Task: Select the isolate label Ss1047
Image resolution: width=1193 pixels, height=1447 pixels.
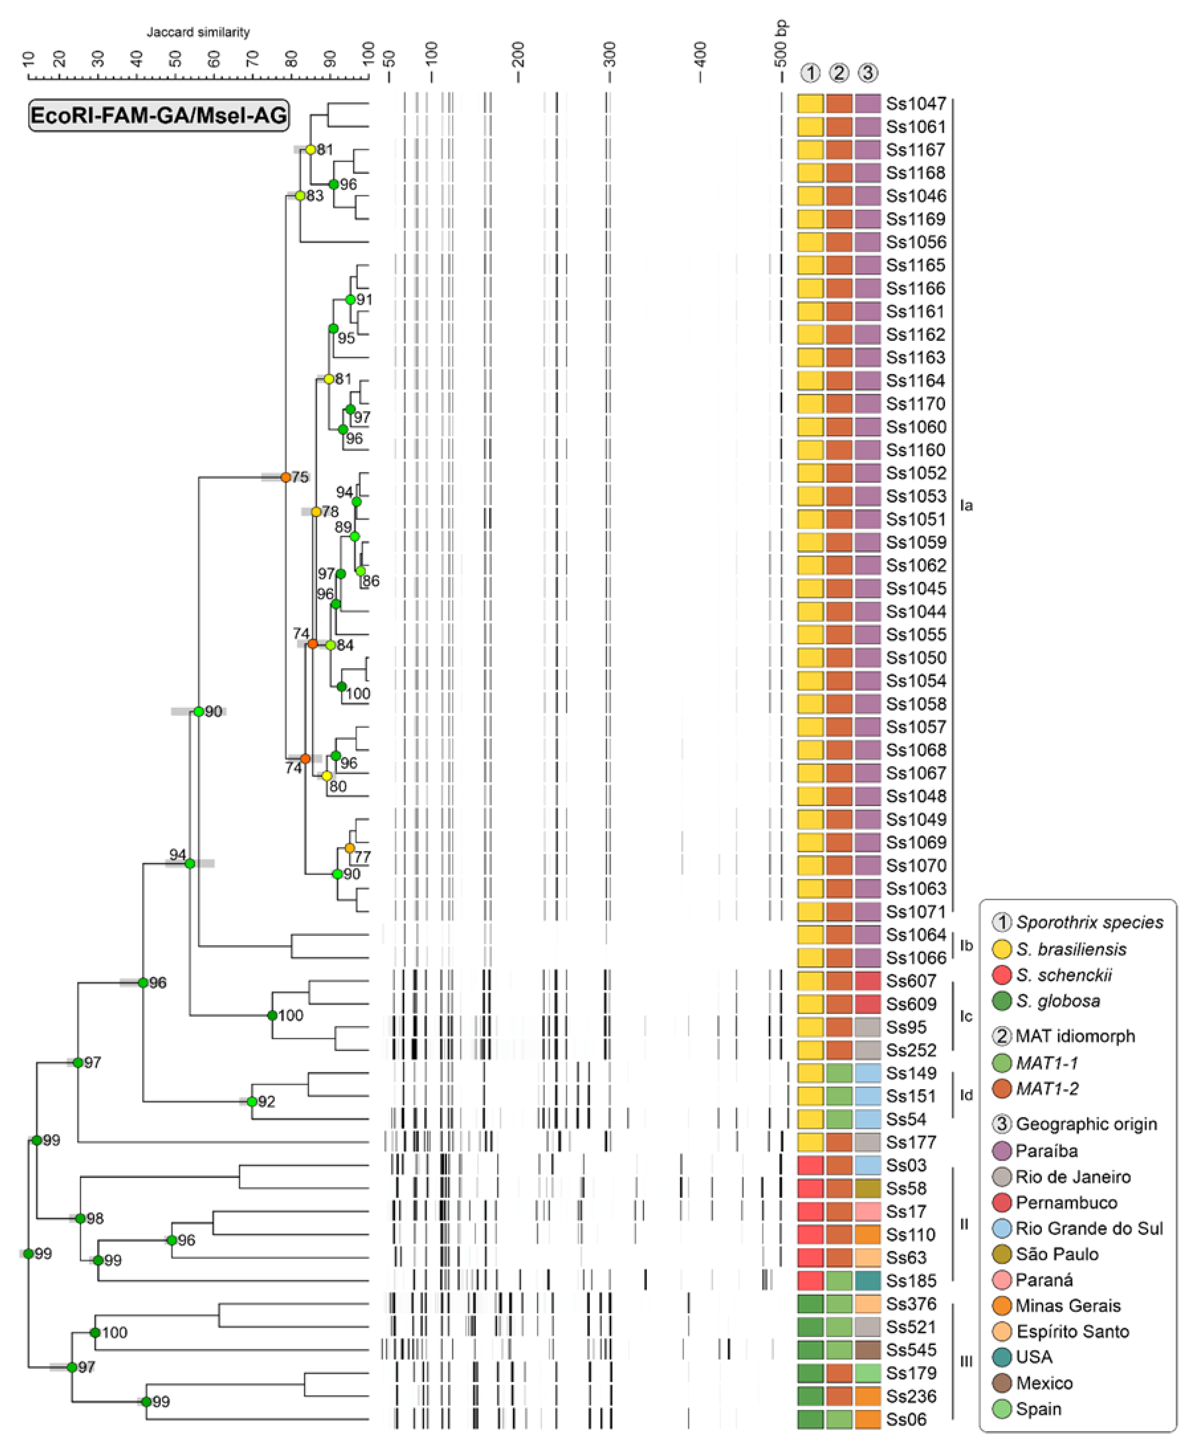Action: click(915, 104)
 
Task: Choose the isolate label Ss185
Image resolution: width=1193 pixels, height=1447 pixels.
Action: click(911, 1281)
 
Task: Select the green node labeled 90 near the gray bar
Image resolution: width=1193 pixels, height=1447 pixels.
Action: click(199, 711)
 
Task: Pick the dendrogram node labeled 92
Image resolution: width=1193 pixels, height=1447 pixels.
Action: click(252, 1101)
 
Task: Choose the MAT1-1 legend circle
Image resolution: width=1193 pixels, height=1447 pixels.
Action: click(1002, 1063)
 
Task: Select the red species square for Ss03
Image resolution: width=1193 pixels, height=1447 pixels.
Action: click(810, 1165)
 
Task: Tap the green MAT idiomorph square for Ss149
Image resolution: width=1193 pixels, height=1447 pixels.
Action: click(839, 1073)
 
